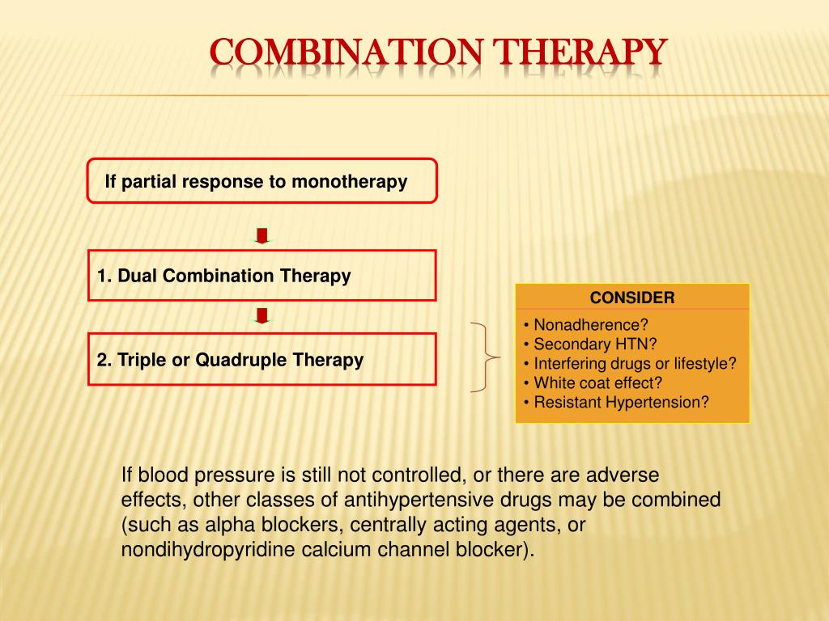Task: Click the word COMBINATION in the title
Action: point(347,53)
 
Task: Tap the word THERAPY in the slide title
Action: point(580,53)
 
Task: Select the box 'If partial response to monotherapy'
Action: point(261,181)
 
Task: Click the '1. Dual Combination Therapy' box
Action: point(261,276)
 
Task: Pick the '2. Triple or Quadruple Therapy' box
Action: point(261,359)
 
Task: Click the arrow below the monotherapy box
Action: point(261,235)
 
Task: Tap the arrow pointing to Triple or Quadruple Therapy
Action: point(261,316)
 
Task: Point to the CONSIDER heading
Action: point(632,297)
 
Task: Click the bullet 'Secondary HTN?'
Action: point(590,344)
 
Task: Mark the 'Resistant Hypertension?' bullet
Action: point(616,402)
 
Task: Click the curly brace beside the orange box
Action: point(483,357)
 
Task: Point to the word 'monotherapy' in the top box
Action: point(349,182)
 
